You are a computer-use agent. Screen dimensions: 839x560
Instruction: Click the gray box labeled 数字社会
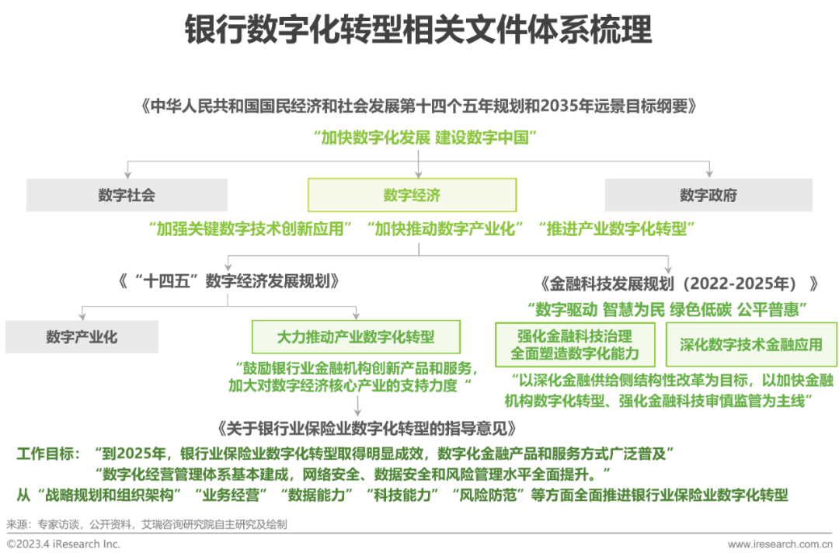click(x=127, y=195)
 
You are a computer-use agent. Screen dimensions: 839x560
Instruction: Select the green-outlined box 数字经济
click(x=412, y=195)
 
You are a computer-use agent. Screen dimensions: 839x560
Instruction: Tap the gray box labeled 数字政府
click(x=708, y=195)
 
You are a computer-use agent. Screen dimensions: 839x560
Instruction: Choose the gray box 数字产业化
click(x=82, y=337)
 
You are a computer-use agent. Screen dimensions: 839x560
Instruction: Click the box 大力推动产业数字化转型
click(x=356, y=337)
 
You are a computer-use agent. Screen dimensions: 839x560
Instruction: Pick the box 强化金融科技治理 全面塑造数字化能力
click(x=575, y=344)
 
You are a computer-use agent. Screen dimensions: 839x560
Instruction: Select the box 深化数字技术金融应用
click(x=751, y=344)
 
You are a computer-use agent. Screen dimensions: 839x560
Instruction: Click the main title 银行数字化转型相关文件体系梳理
click(x=419, y=30)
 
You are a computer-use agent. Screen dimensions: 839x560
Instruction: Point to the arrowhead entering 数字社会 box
click(x=127, y=174)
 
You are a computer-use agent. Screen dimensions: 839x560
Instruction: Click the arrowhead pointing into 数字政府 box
click(x=709, y=174)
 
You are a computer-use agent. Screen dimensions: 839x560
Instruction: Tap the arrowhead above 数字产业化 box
click(x=82, y=316)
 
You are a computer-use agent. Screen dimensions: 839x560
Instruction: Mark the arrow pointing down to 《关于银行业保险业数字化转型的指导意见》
click(x=357, y=406)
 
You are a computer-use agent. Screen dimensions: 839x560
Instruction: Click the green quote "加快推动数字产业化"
click(x=444, y=229)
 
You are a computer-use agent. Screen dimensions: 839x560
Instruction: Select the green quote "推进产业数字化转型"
click(x=616, y=229)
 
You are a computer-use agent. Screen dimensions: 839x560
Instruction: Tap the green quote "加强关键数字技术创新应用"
click(x=250, y=229)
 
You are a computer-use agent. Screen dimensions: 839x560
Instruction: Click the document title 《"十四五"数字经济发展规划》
click(x=228, y=281)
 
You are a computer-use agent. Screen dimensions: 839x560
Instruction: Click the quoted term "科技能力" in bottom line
click(x=402, y=495)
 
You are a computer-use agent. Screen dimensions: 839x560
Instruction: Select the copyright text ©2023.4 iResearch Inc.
click(x=63, y=544)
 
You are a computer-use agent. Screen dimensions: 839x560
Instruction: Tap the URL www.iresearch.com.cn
click(x=780, y=544)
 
